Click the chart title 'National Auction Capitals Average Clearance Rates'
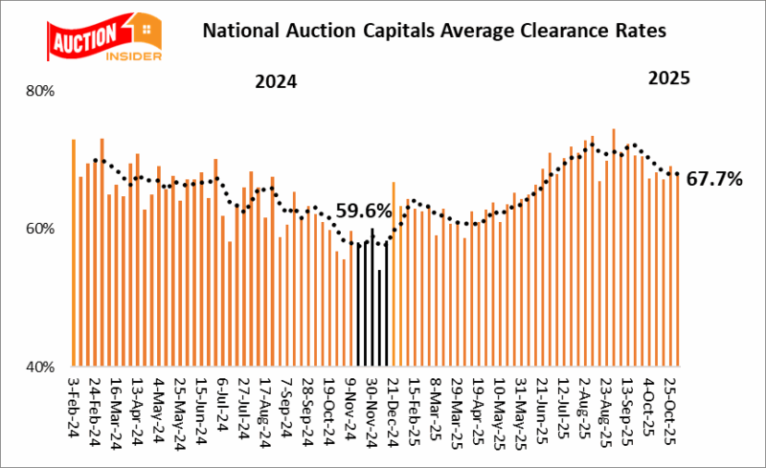click(433, 32)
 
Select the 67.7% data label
click(716, 178)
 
